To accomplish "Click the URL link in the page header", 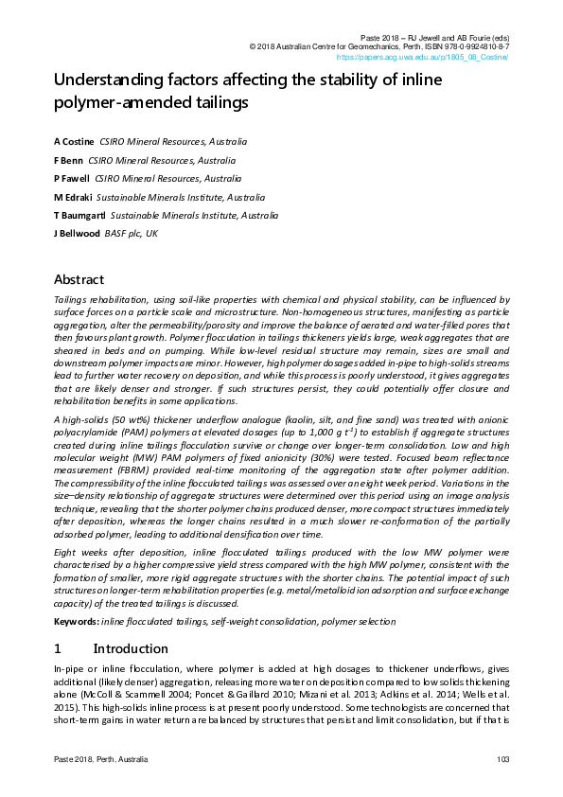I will pyautogui.click(x=423, y=57).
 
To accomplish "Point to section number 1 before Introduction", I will pyautogui.click(x=58, y=648).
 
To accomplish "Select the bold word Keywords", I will pyautogui.click(x=76, y=621).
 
